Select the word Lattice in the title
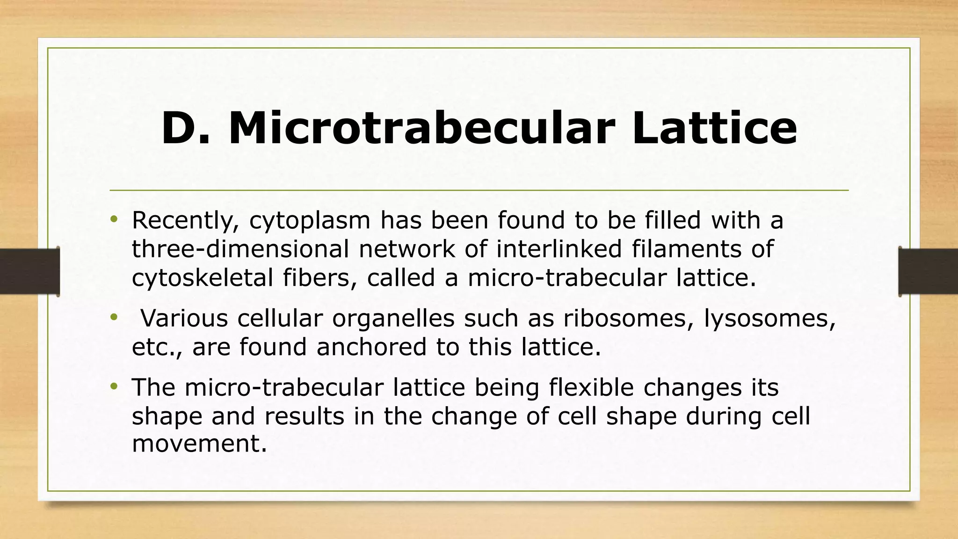coord(714,128)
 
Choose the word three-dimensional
coord(240,249)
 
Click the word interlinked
coord(559,248)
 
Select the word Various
coord(184,318)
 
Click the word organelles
coord(393,319)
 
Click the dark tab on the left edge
coord(29,271)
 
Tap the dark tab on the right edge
coord(929,271)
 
